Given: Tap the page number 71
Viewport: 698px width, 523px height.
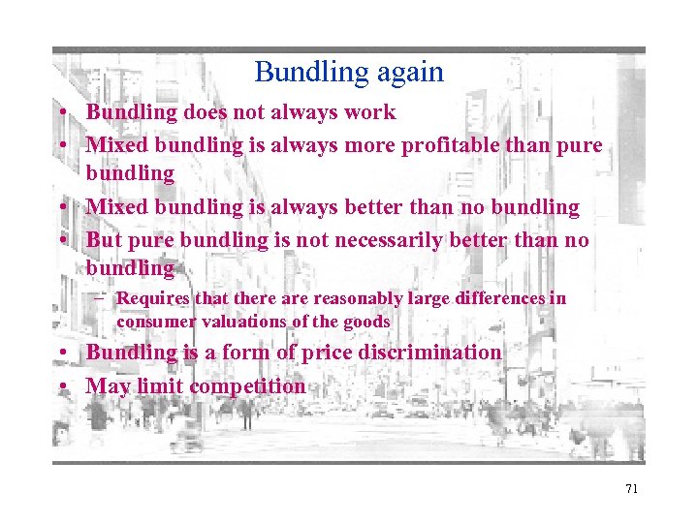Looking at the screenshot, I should (x=631, y=489).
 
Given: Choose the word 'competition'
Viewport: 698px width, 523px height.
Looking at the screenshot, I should (x=247, y=386).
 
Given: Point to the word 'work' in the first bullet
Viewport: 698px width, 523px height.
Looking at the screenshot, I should (x=370, y=112).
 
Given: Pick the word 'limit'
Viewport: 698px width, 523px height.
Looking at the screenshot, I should (x=159, y=386).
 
